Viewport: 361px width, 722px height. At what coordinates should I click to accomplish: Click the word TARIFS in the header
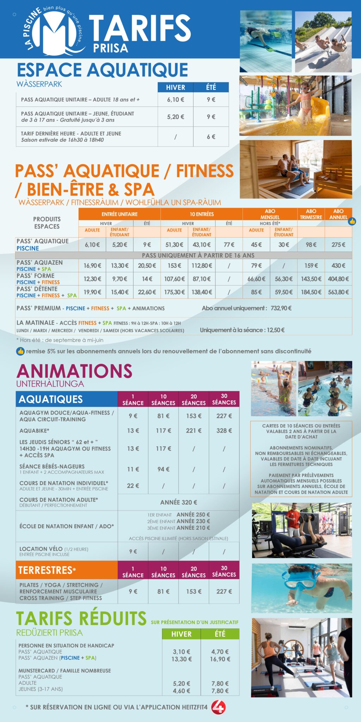click(x=140, y=28)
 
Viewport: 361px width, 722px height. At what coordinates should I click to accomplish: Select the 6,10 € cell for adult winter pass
click(x=175, y=99)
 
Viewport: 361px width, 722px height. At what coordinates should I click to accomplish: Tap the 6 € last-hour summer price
click(x=211, y=136)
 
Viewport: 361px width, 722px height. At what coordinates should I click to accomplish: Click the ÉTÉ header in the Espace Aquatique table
click(x=211, y=87)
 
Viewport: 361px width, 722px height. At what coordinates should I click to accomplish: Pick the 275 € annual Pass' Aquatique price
click(x=338, y=244)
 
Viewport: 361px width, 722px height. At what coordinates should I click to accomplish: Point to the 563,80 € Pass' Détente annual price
click(x=338, y=292)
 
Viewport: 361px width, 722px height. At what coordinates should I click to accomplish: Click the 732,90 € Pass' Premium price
click(x=281, y=308)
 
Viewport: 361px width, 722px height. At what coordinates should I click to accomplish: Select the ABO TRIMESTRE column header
click(x=311, y=214)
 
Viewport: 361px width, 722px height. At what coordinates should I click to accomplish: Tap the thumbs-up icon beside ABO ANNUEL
click(x=352, y=221)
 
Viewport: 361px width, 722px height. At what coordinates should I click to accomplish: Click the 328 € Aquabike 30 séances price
click(x=224, y=430)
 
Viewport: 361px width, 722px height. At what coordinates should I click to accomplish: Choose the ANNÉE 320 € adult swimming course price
click(x=178, y=502)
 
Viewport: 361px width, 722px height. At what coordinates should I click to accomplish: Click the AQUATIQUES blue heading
click(x=51, y=399)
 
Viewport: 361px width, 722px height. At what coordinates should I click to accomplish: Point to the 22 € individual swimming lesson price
click(x=133, y=485)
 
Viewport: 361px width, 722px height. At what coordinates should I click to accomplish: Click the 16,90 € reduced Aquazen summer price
click(x=220, y=659)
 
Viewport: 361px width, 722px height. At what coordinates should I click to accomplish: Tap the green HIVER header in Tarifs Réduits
click(x=181, y=634)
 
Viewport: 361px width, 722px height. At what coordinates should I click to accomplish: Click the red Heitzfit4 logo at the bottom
click(x=218, y=707)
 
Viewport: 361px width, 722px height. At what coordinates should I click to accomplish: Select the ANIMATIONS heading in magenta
click(x=74, y=371)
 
